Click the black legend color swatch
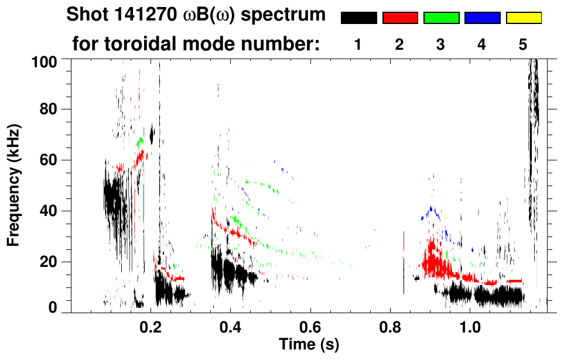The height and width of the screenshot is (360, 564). pos(358,18)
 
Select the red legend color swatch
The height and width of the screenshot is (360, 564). pos(400,18)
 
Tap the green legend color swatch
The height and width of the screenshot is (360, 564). pos(441,18)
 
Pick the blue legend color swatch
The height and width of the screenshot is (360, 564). pos(482,18)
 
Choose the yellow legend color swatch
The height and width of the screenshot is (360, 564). pos(523,18)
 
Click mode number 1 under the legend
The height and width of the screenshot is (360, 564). pos(358,44)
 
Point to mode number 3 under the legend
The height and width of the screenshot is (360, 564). pos(441,44)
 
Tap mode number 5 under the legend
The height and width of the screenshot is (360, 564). pos(523,44)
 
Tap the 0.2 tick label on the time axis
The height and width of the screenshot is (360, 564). pos(151,326)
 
